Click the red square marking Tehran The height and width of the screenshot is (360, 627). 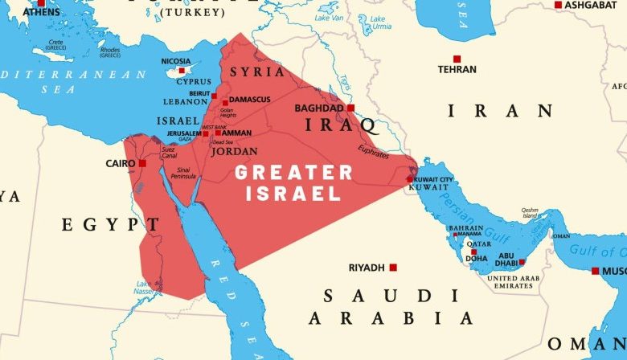tap(457, 59)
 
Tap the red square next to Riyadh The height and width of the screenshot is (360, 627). tap(393, 267)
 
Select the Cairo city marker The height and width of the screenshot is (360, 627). tap(142, 163)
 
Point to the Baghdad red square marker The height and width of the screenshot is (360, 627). tap(350, 108)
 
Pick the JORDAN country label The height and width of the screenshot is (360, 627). tap(234, 150)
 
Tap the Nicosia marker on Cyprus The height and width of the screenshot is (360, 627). tap(182, 70)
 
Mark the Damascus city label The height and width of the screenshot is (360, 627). tap(249, 100)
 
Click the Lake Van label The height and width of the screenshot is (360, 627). tap(329, 16)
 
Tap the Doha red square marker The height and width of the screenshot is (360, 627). tap(471, 252)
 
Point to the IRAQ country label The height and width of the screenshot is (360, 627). tap(341, 125)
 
